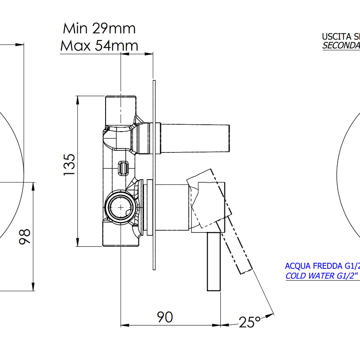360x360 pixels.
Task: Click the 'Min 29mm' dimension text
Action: click(99, 28)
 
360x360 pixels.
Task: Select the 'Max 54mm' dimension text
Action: click(99, 46)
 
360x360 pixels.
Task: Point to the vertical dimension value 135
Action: click(69, 164)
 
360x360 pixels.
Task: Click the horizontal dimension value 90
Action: click(164, 317)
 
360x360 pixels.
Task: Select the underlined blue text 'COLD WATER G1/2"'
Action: click(322, 276)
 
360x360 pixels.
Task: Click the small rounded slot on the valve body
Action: click(123, 168)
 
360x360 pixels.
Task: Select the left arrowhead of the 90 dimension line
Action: click(124, 325)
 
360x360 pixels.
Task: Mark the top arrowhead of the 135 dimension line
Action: click(78, 99)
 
